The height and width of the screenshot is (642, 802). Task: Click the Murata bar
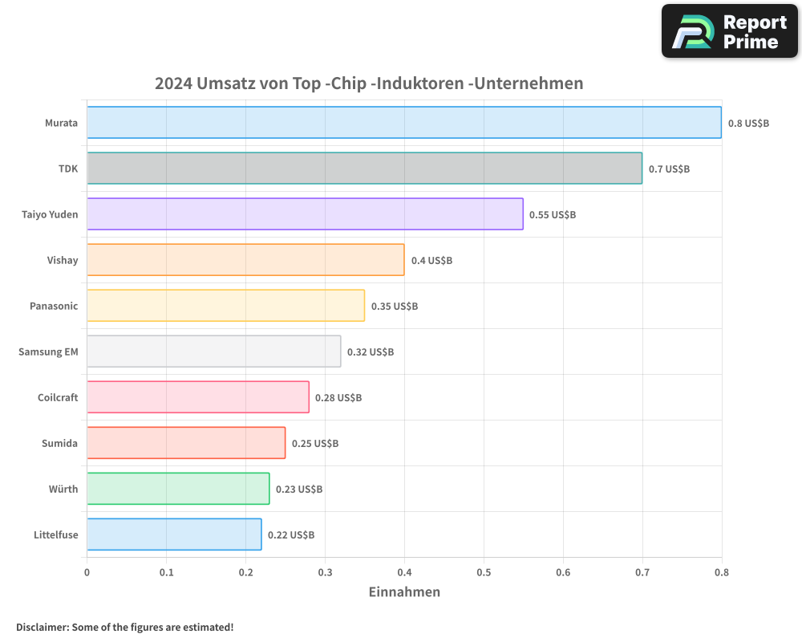point(404,123)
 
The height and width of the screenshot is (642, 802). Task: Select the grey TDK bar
point(364,169)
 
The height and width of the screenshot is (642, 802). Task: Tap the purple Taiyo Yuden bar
point(305,214)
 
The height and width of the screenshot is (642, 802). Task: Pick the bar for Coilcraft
point(197,397)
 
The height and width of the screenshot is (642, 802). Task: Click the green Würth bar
point(178,489)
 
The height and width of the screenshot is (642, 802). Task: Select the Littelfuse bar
point(174,534)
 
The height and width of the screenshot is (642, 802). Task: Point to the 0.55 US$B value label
point(553,215)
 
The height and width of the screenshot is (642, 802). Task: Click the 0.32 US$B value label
point(371,352)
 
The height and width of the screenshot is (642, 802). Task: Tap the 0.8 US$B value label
point(748,124)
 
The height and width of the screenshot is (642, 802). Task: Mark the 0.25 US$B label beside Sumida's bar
point(315,444)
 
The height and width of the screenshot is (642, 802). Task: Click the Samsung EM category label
point(48,352)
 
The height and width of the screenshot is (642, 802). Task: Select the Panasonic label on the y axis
point(54,307)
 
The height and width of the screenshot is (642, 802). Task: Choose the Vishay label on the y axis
point(63,261)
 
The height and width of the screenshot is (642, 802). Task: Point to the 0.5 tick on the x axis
point(484,573)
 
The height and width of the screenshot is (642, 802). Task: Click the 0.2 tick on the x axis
point(245,573)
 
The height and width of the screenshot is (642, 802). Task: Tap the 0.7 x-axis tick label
point(642,573)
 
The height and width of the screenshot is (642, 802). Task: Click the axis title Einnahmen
point(404,592)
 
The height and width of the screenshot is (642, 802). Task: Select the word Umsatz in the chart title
point(225,83)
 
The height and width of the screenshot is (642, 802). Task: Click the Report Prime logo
point(730,31)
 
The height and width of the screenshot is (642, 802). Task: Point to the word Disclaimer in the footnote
point(41,627)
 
